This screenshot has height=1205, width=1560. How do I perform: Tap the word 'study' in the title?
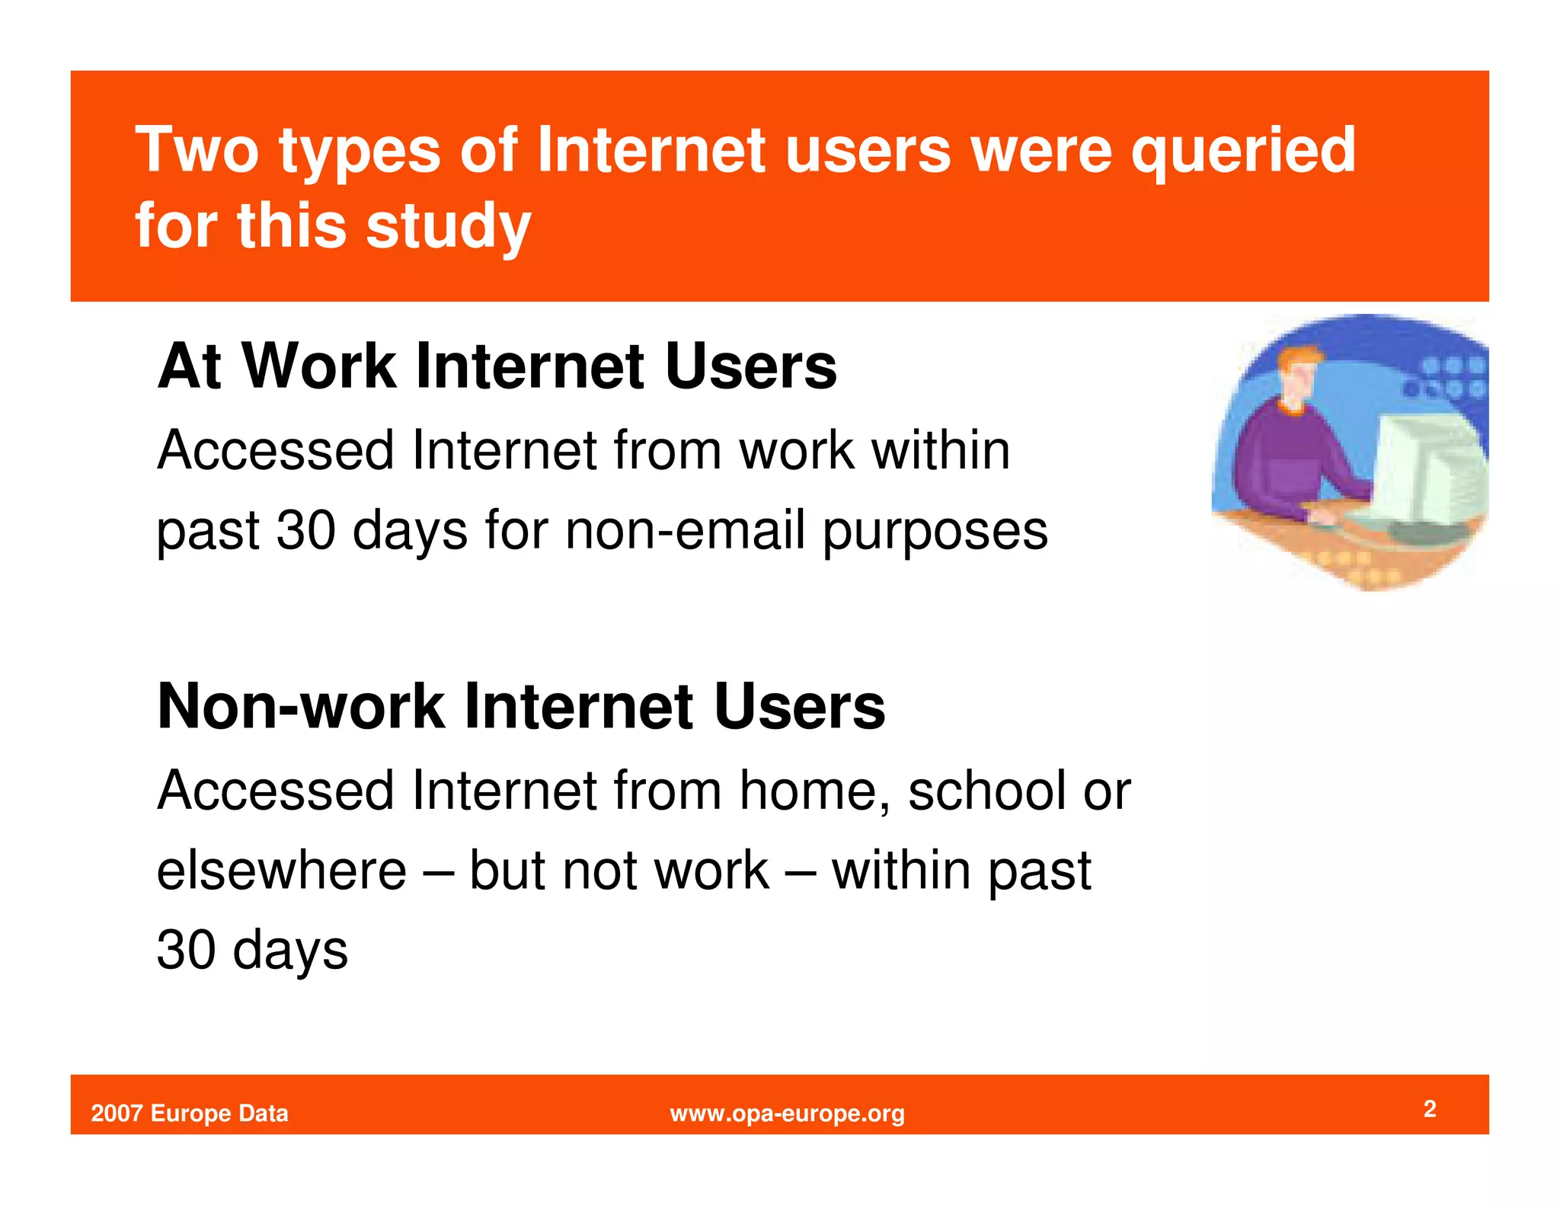pos(448,226)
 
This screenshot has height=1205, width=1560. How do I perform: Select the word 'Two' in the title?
pos(197,150)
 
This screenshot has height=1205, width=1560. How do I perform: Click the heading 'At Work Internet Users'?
pos(497,366)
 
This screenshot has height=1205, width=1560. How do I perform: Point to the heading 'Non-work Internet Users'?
pos(521,707)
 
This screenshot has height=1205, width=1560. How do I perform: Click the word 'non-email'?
pos(685,530)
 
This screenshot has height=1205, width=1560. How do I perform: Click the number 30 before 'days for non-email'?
pos(305,530)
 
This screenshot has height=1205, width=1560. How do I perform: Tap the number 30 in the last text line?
pos(186,951)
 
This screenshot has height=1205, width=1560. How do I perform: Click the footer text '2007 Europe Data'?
pos(190,1114)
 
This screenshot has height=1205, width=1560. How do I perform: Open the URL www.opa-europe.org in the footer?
pos(787,1114)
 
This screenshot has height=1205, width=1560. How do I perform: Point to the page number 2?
pos(1430,1108)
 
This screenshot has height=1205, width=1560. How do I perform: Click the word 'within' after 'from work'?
pos(941,450)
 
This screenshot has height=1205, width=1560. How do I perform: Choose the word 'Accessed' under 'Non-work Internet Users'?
pos(275,791)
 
